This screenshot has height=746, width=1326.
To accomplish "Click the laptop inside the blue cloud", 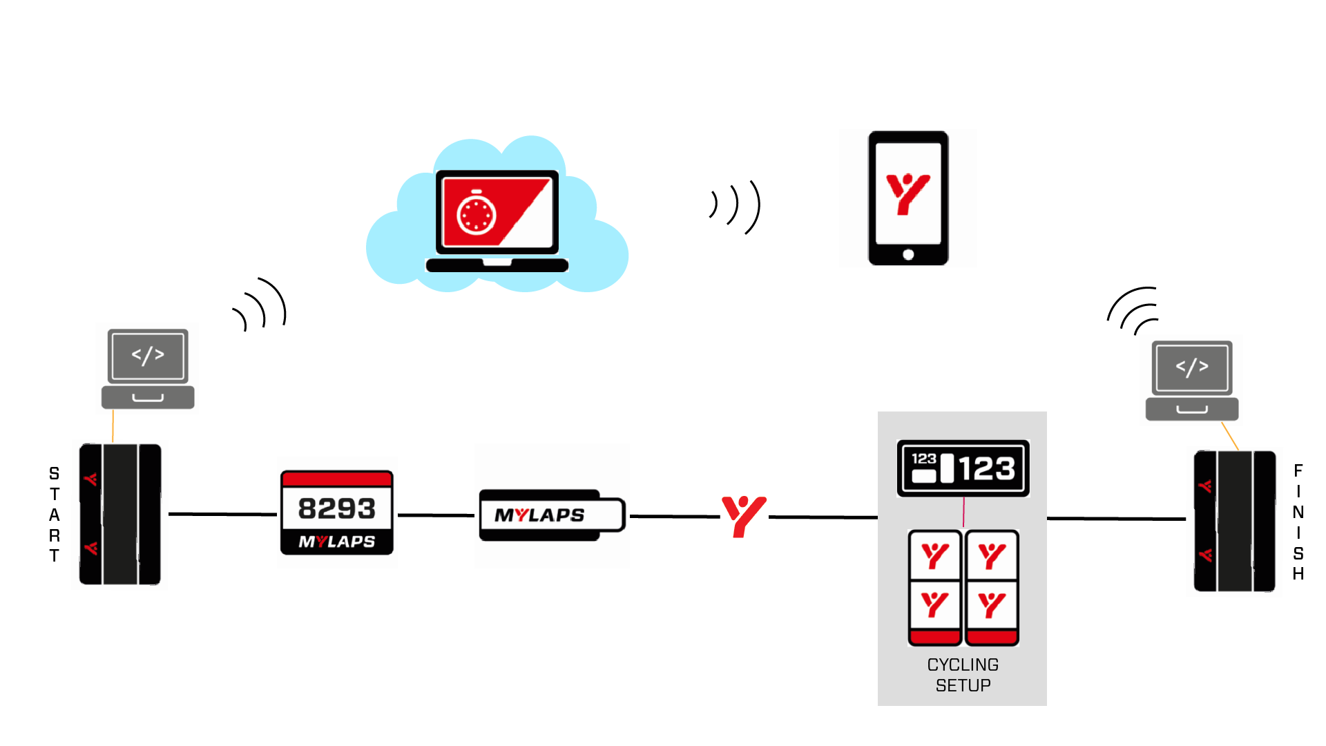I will [497, 220].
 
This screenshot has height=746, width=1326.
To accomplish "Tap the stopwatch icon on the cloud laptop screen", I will [477, 213].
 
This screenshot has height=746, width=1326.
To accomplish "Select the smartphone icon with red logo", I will [908, 198].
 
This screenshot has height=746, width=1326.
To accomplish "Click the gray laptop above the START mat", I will [148, 368].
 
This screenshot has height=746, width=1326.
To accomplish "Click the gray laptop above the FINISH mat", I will [1192, 380].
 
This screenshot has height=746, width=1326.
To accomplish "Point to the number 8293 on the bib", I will [337, 509].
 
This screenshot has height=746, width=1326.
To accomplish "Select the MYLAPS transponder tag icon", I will [552, 515].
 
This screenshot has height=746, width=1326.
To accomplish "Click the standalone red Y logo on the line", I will [743, 515].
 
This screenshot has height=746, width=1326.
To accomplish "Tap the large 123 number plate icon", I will [963, 468].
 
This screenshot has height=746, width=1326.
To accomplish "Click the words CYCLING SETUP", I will [963, 675].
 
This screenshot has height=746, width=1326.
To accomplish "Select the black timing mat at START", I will [120, 515].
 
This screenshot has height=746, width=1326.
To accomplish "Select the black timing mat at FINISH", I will [1235, 522].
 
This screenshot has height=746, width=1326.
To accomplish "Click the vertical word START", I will [55, 515].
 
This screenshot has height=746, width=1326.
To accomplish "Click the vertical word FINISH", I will [1298, 522].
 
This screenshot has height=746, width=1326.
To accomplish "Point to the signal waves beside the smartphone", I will [736, 206].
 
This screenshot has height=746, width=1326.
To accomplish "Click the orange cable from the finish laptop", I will [1230, 436].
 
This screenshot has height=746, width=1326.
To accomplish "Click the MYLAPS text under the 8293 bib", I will [337, 542].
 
